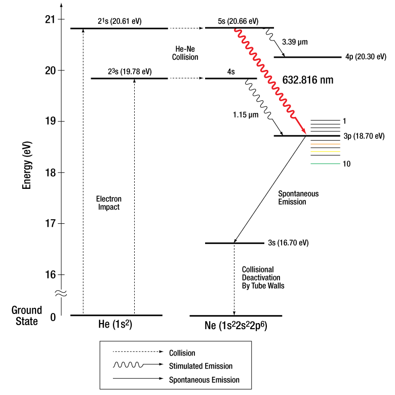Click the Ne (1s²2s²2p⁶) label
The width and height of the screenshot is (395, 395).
(236, 325)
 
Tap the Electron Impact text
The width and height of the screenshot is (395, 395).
(109, 203)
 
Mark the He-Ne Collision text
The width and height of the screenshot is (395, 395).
(185, 53)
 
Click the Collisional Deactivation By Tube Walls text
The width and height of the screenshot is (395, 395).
(263, 278)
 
